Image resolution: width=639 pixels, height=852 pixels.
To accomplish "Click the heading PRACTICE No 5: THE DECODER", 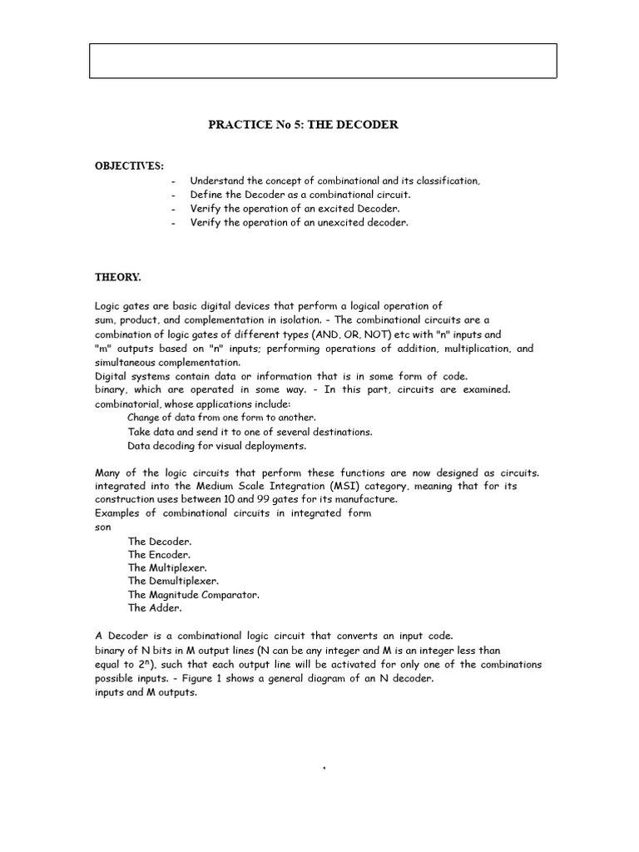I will [x=303, y=125].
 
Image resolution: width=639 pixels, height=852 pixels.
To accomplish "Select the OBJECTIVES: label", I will [x=129, y=166].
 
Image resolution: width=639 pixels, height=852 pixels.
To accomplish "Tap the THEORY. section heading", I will [x=118, y=276].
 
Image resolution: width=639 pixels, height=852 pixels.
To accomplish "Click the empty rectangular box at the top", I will [x=323, y=62].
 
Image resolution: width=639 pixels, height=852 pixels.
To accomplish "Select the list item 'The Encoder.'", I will [x=159, y=554].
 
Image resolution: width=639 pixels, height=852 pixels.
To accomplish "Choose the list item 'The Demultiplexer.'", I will [x=173, y=581].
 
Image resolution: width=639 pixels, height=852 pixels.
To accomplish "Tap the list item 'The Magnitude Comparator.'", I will [x=194, y=594].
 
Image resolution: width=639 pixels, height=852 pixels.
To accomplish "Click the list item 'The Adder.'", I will [x=155, y=607].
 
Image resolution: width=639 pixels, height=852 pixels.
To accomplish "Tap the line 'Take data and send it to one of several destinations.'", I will [x=250, y=432].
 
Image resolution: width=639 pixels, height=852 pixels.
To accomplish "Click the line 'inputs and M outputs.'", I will [x=146, y=692].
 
